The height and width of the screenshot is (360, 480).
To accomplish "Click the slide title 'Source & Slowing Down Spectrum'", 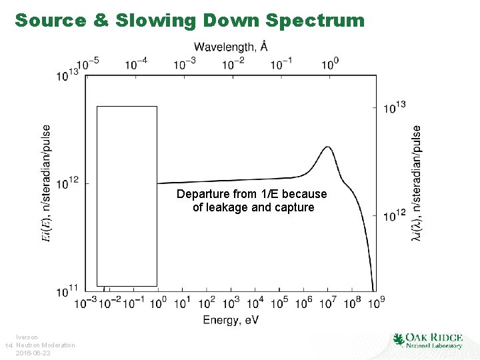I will pos(190,20).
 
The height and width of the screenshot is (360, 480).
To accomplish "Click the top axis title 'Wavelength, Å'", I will pos(231,47).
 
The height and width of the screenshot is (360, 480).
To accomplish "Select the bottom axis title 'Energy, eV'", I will pos(231,321).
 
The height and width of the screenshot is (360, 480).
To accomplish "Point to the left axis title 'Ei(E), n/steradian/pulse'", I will pos(46,183).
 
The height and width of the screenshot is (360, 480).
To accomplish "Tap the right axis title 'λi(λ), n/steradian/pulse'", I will pos(417,183).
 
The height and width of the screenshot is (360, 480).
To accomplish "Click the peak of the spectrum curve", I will pos(327,147).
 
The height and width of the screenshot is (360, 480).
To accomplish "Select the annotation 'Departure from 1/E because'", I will pos(252,194).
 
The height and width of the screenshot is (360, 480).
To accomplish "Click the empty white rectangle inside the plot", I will pos(127,195).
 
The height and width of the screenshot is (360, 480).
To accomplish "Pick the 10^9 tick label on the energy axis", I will pos(376,303).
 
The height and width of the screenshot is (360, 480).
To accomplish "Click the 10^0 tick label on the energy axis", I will pos(158,303).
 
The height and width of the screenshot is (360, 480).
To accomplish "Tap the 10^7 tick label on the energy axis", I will pos(327,303).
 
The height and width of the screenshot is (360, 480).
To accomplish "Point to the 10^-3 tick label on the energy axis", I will pos(85,303).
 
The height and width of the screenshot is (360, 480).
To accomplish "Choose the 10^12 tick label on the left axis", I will pos(69,182).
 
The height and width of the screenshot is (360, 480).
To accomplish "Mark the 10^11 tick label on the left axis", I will pos(69,290).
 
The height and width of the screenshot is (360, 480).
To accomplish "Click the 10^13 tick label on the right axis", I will pos(394,107).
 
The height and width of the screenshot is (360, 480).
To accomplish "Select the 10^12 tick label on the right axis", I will pos(394,215).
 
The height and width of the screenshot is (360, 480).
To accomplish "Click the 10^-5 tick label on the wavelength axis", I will pos(87,63).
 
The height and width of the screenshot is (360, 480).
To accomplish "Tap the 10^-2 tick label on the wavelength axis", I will pos(233,63).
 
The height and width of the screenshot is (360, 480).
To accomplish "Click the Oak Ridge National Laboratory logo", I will pos(427,340).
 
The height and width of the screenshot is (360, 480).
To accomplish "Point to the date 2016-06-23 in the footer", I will pos(33,353).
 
